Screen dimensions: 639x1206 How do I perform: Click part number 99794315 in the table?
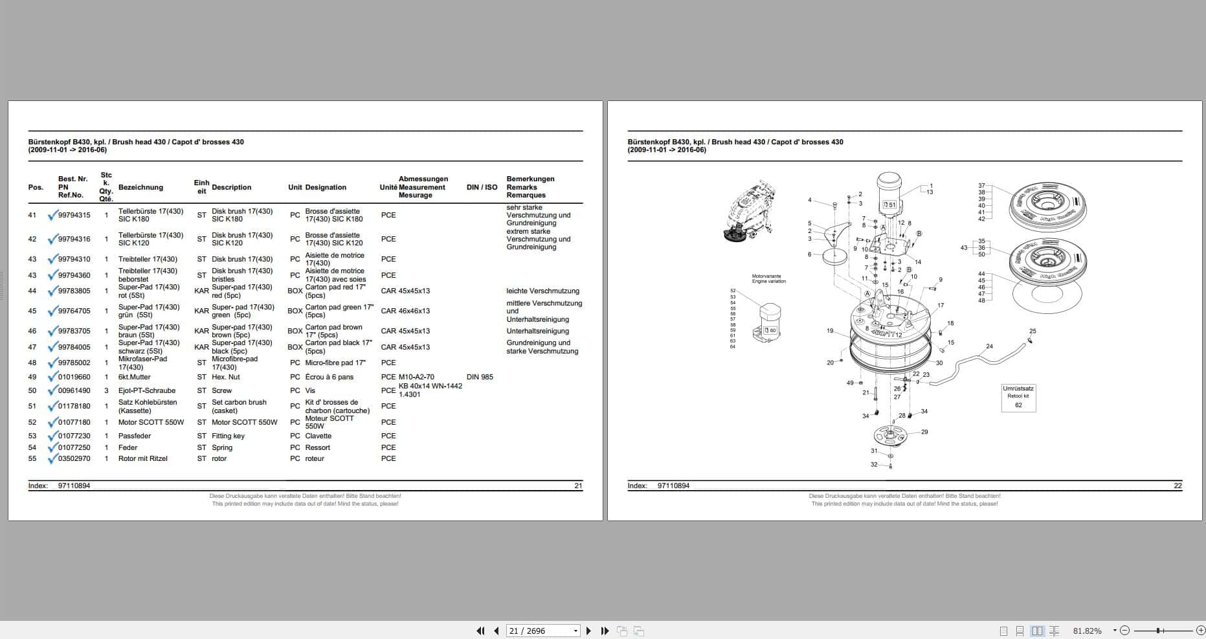tap(74, 215)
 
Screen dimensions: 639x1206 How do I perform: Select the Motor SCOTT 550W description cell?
tap(244, 422)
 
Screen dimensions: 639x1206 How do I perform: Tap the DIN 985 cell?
tap(480, 377)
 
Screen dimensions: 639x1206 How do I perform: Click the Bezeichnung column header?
tap(140, 187)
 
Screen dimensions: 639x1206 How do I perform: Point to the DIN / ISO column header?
tap(482, 187)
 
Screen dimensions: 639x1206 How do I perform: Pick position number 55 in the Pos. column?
tap(32, 458)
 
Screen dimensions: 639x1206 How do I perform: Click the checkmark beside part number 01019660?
tap(52, 377)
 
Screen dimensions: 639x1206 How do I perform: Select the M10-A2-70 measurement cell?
tap(416, 377)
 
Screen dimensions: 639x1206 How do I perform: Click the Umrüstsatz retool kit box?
tap(1018, 397)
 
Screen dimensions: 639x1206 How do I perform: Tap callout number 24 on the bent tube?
tap(989, 346)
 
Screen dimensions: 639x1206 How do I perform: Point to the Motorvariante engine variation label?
tap(768, 279)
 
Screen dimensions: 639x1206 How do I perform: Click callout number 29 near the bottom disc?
tap(924, 432)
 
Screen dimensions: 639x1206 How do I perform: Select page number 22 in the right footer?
tap(1178, 486)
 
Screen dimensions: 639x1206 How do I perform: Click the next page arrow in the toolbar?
tap(588, 631)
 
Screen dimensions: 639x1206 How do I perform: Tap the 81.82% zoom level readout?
tap(1087, 631)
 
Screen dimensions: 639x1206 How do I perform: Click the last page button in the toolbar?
tap(605, 631)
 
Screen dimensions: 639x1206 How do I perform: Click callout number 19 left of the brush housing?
tap(830, 331)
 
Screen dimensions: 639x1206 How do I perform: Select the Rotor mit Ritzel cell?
tap(142, 458)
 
